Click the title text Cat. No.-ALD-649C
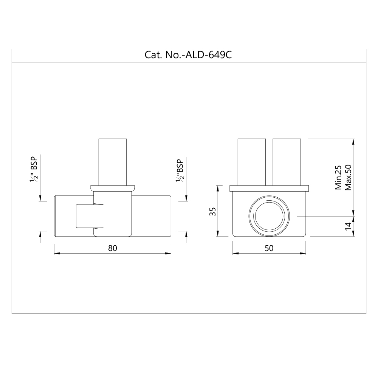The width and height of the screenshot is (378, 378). (x=188, y=55)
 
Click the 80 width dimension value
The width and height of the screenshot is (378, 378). (x=113, y=248)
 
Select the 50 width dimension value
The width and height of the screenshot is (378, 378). (x=269, y=248)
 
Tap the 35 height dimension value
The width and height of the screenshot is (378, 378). (x=213, y=211)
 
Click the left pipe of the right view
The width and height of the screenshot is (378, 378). (x=252, y=162)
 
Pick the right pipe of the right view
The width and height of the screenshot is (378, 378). (x=287, y=162)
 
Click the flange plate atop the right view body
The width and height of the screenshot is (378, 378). (x=269, y=189)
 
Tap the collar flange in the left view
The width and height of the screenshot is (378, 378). (x=112, y=187)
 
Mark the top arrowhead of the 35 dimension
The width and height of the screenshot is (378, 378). (x=218, y=187)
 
